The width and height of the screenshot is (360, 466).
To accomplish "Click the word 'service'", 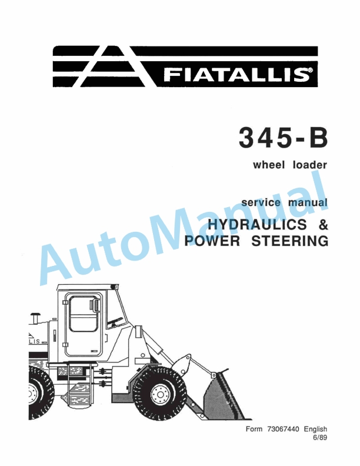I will click(x=261, y=203).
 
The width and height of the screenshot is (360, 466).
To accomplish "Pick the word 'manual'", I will click(x=307, y=203).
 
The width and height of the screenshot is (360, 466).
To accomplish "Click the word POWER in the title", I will click(x=213, y=241).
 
